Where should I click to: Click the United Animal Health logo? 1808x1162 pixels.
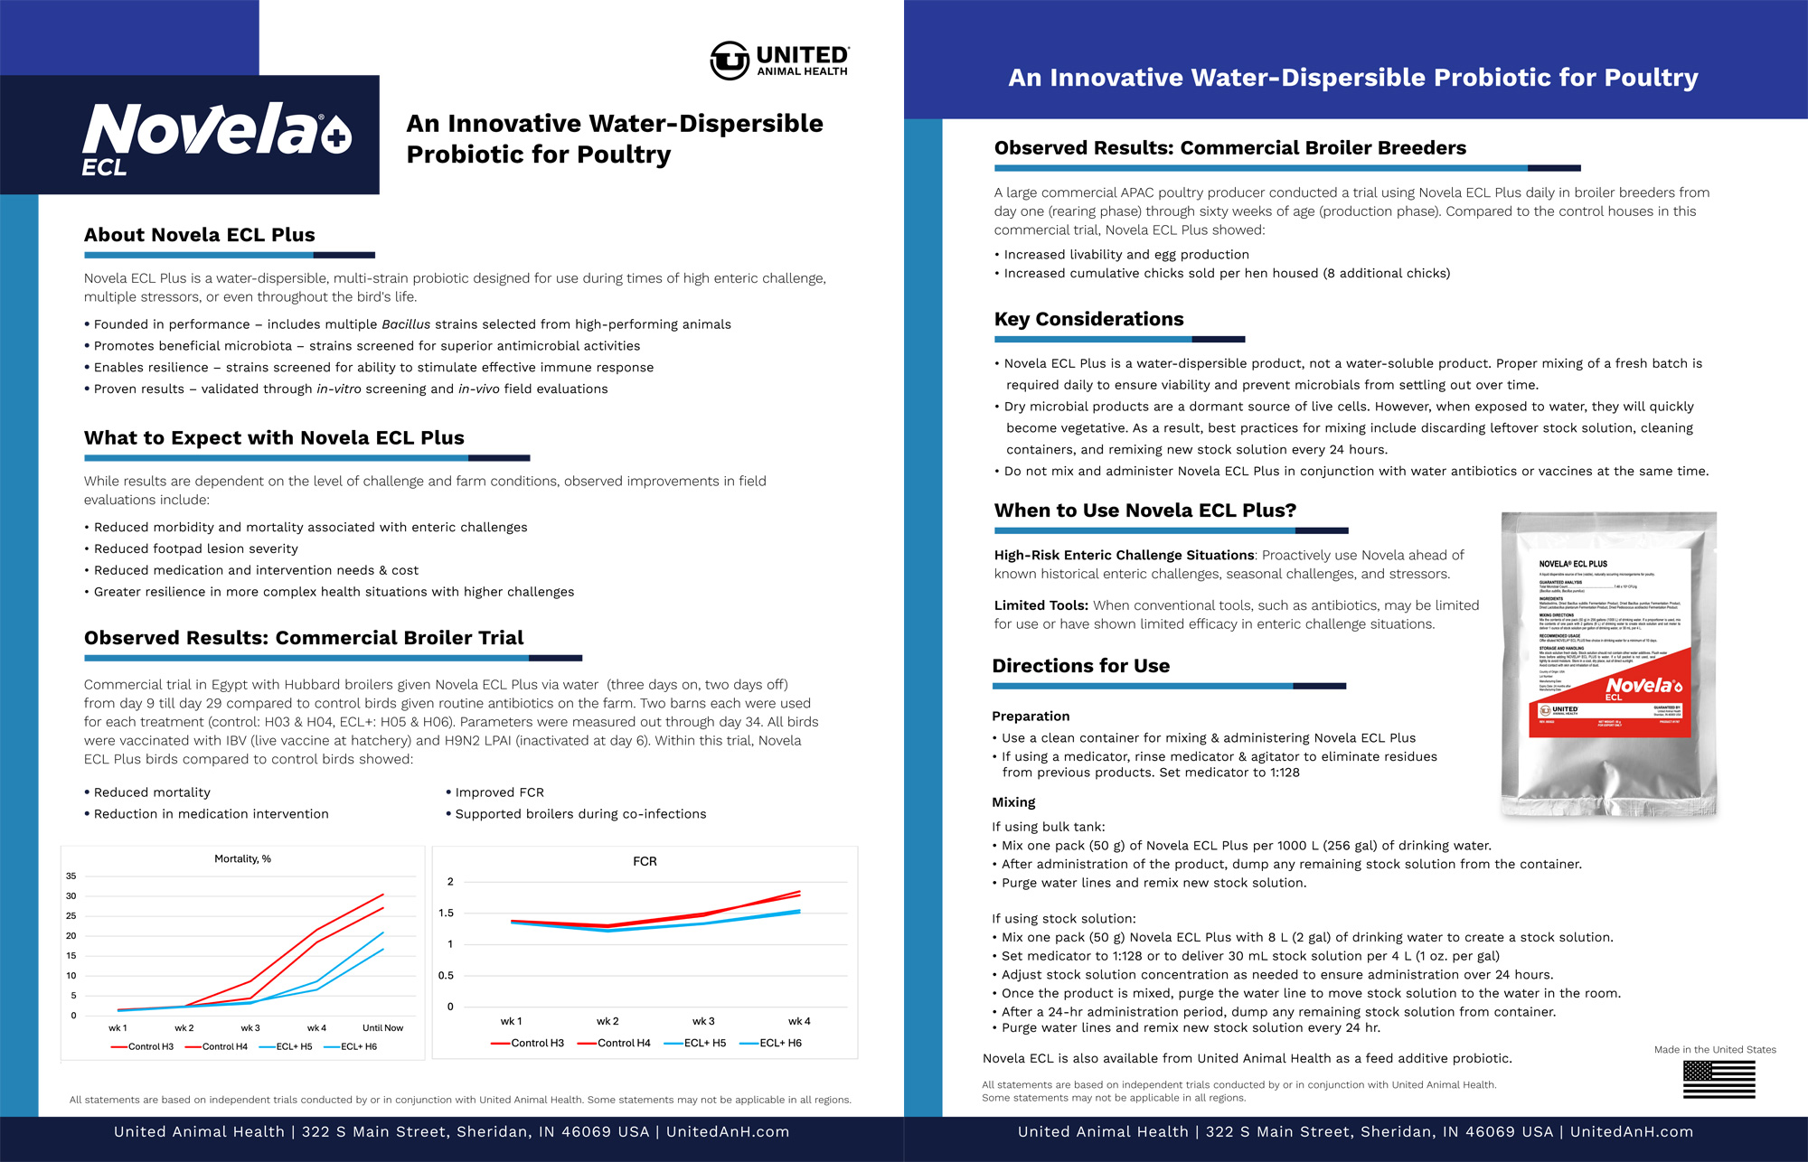tap(779, 61)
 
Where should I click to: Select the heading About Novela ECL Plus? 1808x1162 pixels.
tap(200, 235)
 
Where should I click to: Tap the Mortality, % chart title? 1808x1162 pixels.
tap(242, 858)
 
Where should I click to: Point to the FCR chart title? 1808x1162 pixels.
tap(645, 861)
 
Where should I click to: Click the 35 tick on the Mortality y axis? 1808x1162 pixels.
tap(71, 876)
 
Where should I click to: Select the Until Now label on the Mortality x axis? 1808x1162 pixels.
tap(382, 1027)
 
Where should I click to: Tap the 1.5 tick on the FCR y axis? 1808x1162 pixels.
tap(446, 913)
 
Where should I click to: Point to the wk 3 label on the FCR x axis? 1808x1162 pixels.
tap(703, 1021)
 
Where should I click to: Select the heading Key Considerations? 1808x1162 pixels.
tap(1088, 319)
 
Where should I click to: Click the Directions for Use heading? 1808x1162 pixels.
tap(1080, 666)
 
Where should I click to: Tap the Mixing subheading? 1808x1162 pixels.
tap(1013, 802)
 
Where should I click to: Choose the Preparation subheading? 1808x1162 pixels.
tap(1031, 717)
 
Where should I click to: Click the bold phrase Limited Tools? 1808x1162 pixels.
tap(1041, 605)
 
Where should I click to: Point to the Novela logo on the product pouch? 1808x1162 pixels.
tap(1643, 687)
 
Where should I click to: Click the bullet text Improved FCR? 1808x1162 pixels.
tap(499, 792)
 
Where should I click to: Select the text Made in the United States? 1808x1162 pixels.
tap(1715, 1050)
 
